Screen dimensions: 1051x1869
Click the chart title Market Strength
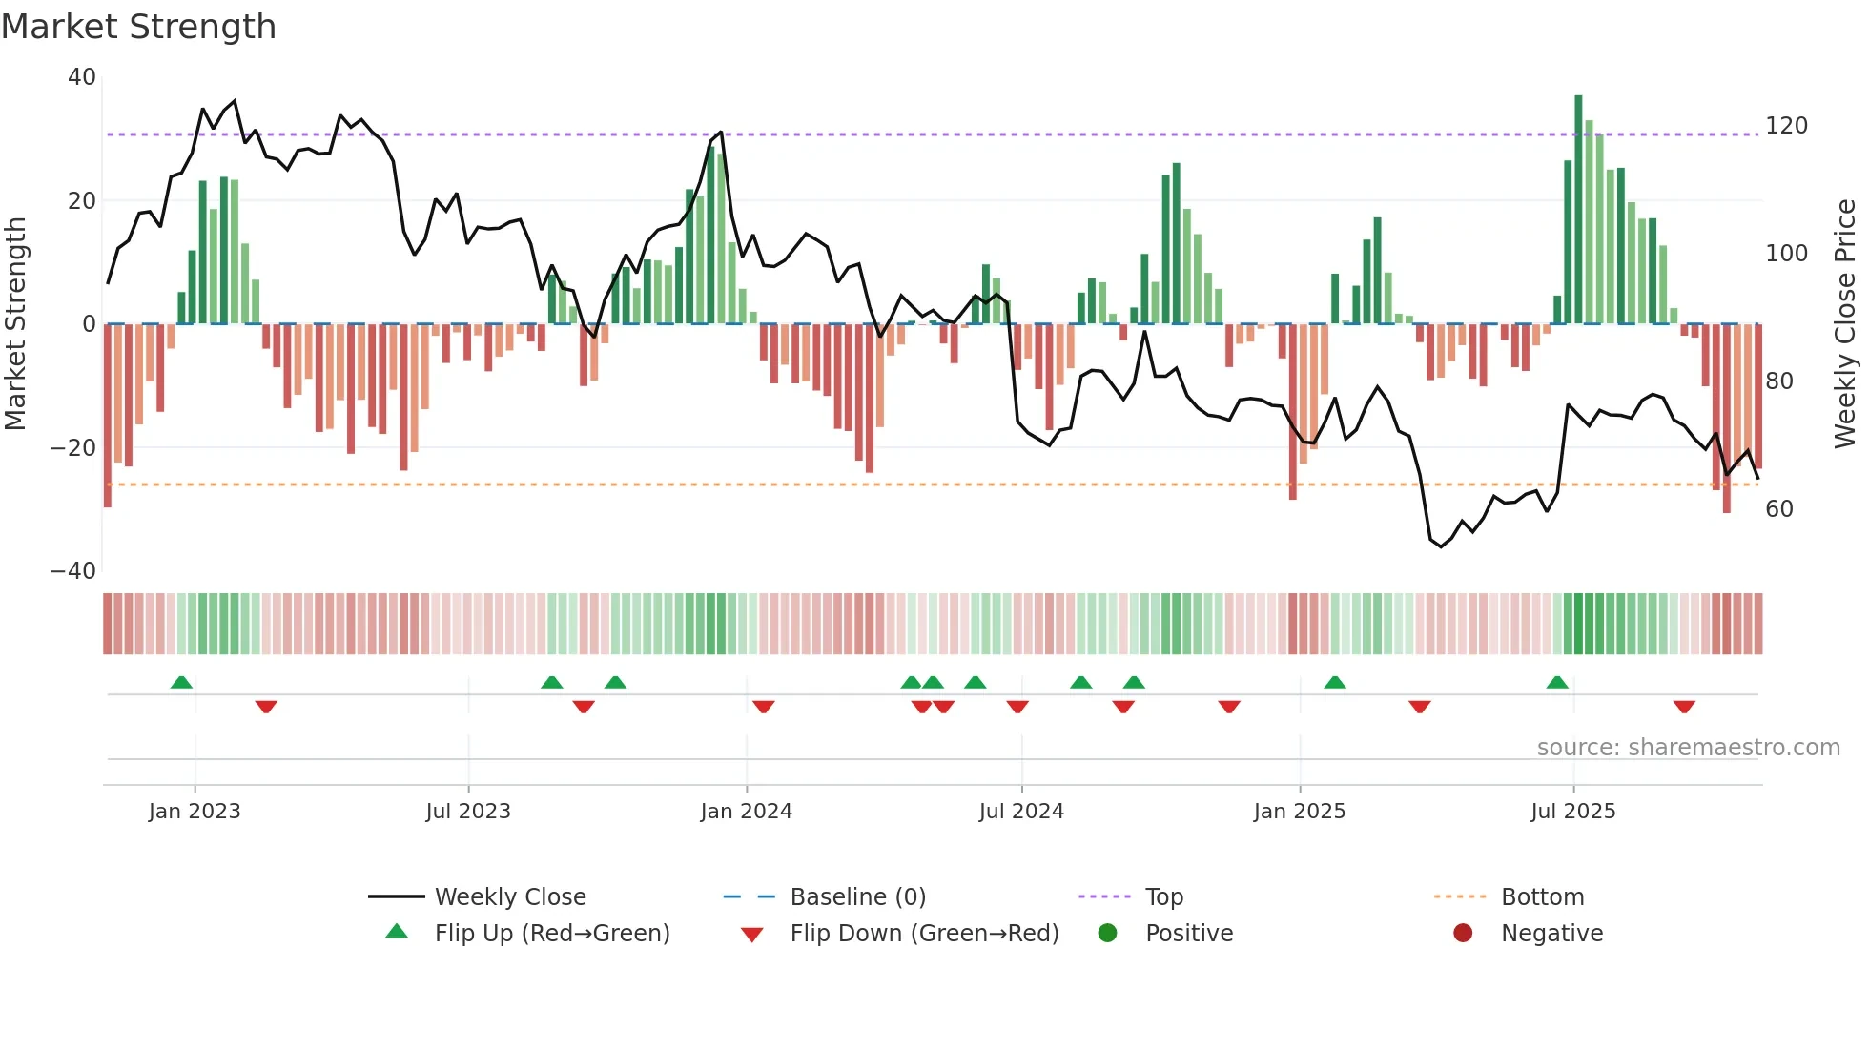point(138,27)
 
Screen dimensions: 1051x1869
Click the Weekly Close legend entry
point(509,896)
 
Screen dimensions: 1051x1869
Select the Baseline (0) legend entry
point(857,896)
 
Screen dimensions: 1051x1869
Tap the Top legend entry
point(1163,896)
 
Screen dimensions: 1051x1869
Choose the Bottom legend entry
point(1542,896)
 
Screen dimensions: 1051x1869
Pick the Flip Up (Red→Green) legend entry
point(551,933)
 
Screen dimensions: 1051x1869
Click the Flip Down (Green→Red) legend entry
point(923,933)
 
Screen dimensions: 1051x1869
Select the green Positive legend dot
point(1107,933)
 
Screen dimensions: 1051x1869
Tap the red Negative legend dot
point(1463,933)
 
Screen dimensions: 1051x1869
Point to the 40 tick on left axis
point(82,77)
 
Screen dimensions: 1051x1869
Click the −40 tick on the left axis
point(73,571)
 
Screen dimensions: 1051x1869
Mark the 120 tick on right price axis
point(1786,126)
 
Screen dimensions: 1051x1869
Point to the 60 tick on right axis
point(1778,509)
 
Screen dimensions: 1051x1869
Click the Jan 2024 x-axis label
point(746,812)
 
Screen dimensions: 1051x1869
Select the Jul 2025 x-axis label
point(1572,812)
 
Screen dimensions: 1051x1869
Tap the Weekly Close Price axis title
point(1845,324)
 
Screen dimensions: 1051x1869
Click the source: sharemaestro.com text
point(1688,748)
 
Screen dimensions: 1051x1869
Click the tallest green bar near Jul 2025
point(1578,210)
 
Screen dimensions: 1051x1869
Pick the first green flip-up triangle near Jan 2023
point(181,682)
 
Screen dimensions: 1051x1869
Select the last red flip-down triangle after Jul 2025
point(1684,707)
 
